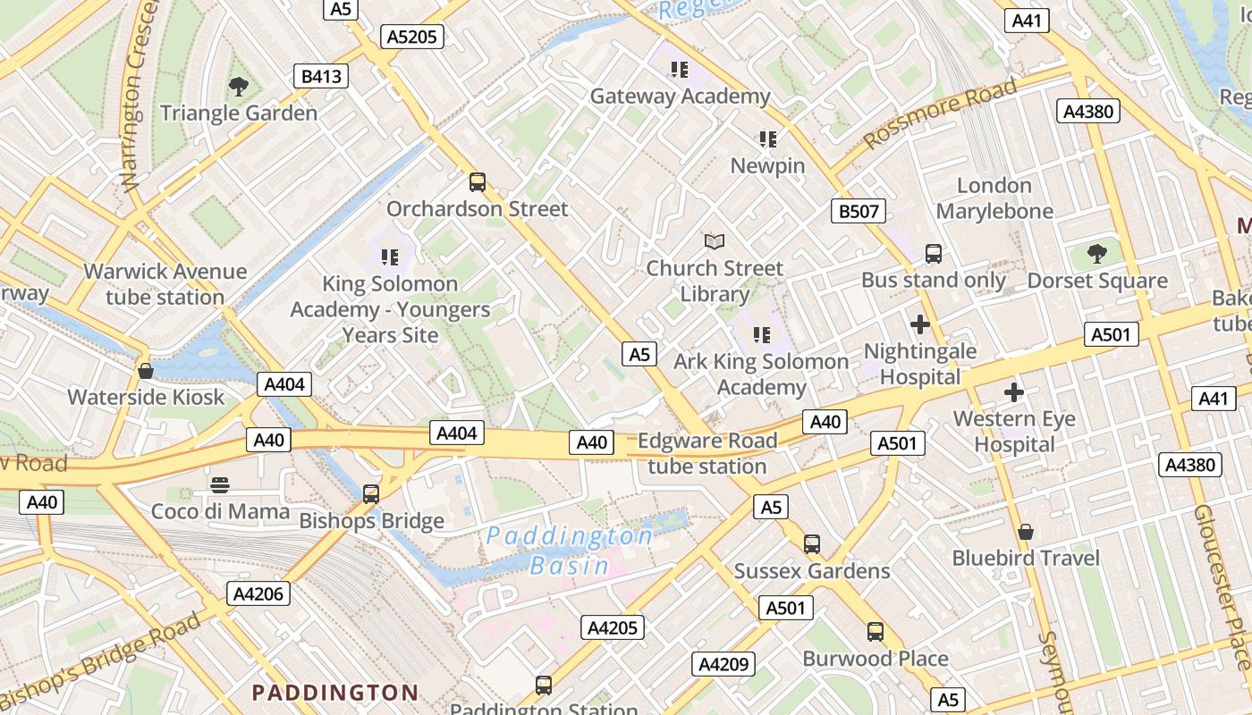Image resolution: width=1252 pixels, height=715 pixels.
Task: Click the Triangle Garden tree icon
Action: click(x=238, y=87)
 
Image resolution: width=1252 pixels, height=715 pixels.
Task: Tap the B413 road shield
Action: click(x=321, y=76)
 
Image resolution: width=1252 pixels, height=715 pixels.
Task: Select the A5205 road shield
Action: click(x=412, y=37)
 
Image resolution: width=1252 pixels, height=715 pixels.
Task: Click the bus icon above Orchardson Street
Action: click(x=478, y=182)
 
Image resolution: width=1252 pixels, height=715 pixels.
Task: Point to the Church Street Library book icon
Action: click(x=714, y=241)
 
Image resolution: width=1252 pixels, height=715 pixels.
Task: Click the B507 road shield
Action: click(x=859, y=211)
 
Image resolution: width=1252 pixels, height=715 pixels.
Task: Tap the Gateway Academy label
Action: click(x=680, y=97)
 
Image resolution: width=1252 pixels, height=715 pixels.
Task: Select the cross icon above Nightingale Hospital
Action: click(x=919, y=324)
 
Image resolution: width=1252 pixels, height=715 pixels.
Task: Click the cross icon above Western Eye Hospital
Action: click(x=1013, y=391)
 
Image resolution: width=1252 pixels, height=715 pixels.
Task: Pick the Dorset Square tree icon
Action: click(x=1097, y=254)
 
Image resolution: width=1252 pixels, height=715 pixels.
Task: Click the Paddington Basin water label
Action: click(x=570, y=551)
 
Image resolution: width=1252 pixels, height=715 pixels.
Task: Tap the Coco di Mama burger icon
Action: click(x=220, y=485)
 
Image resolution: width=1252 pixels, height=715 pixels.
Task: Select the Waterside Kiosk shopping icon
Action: click(x=146, y=371)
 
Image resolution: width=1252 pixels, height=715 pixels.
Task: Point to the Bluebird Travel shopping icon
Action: click(x=1026, y=532)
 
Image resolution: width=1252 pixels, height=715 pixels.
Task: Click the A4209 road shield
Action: click(x=723, y=664)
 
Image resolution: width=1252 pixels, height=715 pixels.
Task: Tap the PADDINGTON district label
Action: click(x=334, y=693)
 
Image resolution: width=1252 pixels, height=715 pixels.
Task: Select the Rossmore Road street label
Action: click(x=940, y=114)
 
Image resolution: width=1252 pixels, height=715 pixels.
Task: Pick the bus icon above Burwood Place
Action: click(x=876, y=632)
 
